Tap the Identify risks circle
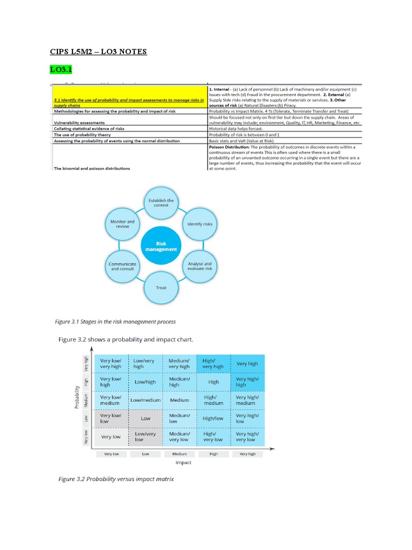(200, 223)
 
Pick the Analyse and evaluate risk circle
(200, 266)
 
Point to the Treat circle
(161, 288)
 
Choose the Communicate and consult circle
(122, 266)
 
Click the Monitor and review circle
(122, 223)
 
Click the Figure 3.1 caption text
(115, 322)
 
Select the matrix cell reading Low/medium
(146, 400)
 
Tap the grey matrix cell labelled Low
(146, 418)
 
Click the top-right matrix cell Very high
(247, 364)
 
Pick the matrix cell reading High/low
(214, 418)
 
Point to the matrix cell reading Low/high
(146, 382)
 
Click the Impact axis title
(183, 462)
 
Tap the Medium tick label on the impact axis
(180, 454)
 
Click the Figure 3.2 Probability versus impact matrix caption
(116, 479)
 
